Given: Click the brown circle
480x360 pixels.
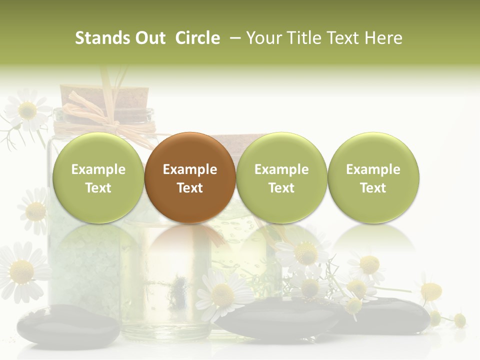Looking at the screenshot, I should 189,177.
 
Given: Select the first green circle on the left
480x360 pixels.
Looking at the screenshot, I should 98,177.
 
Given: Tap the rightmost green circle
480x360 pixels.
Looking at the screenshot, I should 373,177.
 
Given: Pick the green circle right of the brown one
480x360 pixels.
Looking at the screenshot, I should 281,177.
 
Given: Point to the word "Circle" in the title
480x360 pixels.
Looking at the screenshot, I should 197,38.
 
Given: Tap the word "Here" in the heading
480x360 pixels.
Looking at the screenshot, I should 383,38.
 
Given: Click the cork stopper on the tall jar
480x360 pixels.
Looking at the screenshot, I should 104,97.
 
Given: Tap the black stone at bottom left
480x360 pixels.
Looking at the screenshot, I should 68,325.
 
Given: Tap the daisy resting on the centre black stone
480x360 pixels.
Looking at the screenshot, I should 222,295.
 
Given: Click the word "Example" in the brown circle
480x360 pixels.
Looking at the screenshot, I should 189,169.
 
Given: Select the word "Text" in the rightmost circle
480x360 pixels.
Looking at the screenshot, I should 373,188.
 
